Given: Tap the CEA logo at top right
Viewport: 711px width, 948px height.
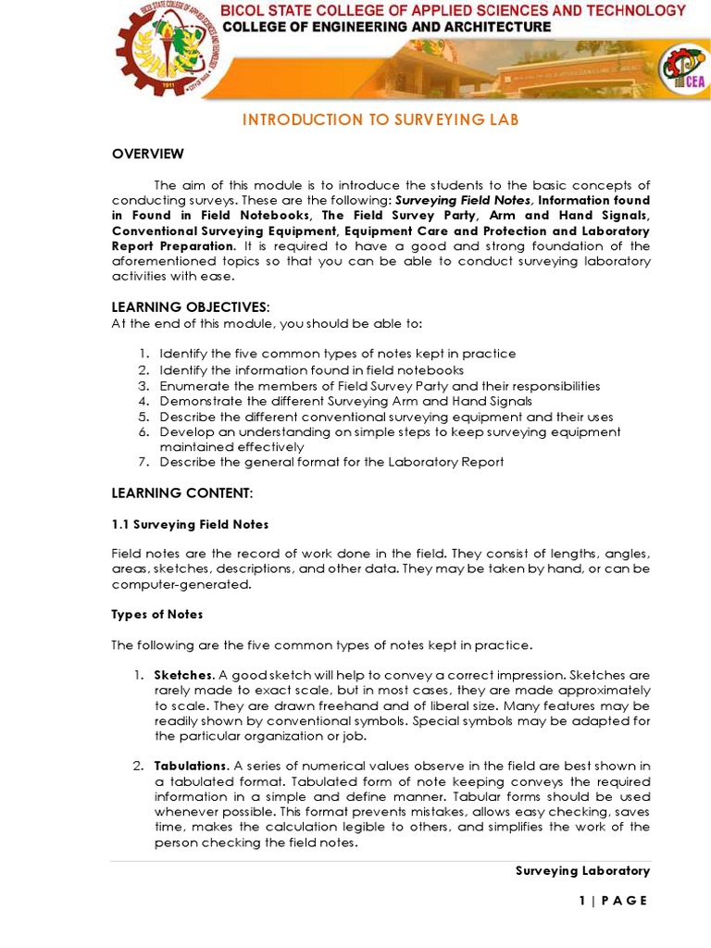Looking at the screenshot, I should pyautogui.click(x=681, y=70).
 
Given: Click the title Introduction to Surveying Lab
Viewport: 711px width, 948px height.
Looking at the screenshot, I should pyautogui.click(x=380, y=120).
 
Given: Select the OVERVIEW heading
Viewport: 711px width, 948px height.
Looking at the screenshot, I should pyautogui.click(x=148, y=154).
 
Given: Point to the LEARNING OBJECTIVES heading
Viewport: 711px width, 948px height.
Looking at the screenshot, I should pyautogui.click(x=192, y=306).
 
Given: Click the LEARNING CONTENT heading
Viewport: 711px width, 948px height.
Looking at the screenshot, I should pyautogui.click(x=181, y=492).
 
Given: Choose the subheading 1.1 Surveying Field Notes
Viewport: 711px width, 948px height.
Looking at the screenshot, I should pyautogui.click(x=190, y=524).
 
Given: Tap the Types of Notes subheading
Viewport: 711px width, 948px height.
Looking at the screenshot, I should pyautogui.click(x=157, y=614).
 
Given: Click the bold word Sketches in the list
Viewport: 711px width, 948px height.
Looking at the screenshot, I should pyautogui.click(x=183, y=675).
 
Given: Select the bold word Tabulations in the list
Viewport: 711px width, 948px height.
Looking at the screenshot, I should pyautogui.click(x=191, y=766).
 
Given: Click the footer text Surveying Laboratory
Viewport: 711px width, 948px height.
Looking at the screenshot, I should pyautogui.click(x=582, y=871).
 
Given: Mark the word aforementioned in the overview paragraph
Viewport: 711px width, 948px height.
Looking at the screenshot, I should pyautogui.click(x=164, y=261).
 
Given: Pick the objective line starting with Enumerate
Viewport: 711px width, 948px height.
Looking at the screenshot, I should pyautogui.click(x=380, y=386).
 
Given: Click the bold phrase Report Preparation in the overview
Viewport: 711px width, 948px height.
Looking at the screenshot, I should pyautogui.click(x=172, y=246).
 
